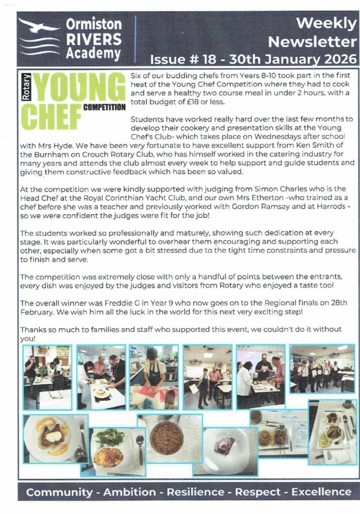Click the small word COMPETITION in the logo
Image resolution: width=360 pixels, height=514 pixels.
[x=104, y=107]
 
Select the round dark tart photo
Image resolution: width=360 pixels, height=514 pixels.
[x=166, y=437]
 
